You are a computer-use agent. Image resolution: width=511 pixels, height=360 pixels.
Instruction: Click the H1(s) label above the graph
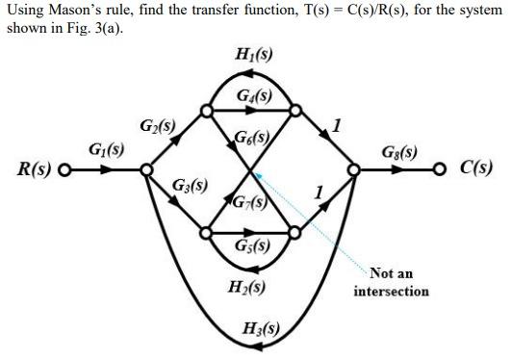click(252, 55)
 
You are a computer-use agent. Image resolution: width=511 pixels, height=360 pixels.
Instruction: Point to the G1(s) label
click(106, 150)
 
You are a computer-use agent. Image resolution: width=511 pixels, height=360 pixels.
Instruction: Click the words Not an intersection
click(391, 282)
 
